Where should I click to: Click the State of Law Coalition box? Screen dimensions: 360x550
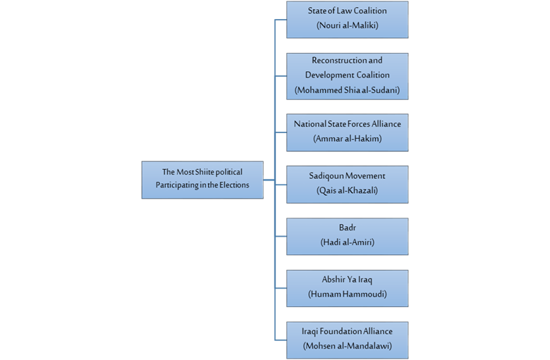347,19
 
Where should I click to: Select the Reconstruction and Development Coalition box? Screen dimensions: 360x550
347,75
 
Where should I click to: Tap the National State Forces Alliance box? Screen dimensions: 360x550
347,132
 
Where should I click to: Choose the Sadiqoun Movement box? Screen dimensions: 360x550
347,184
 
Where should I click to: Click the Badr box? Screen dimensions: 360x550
347,236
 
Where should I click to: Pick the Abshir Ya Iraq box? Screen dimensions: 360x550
347,287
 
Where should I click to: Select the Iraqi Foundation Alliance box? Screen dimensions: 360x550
347,340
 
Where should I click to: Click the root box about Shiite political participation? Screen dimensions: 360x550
202,180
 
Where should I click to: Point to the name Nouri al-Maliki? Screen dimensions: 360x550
347,26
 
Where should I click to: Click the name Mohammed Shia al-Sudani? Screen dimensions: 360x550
347,90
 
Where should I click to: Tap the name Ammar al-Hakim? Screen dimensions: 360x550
347,139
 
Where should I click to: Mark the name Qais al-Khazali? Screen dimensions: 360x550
347,190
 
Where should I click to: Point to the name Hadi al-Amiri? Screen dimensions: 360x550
347,242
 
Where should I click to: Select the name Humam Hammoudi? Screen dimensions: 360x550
347,294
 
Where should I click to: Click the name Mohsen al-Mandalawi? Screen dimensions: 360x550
347,346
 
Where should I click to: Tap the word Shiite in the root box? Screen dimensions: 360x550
203,173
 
